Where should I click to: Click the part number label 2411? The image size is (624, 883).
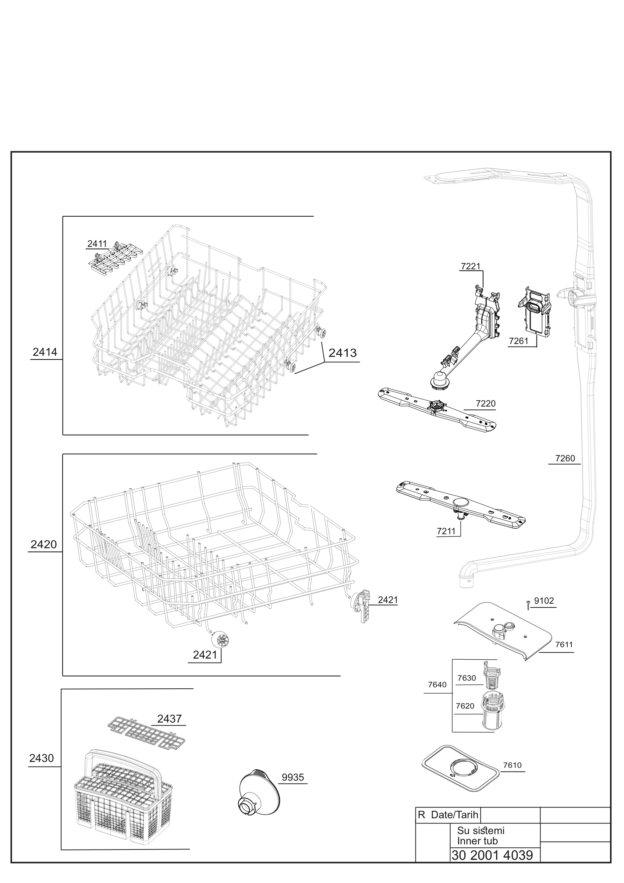[x=97, y=244]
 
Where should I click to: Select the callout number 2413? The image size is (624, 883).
[x=343, y=353]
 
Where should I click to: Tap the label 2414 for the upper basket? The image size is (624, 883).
[x=45, y=352]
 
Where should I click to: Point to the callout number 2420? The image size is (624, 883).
[x=43, y=544]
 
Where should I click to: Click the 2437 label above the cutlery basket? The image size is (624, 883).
[x=169, y=719]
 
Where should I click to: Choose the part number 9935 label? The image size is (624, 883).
[x=293, y=777]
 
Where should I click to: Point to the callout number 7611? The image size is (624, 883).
[x=564, y=645]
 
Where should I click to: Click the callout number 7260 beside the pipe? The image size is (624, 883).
[x=565, y=458]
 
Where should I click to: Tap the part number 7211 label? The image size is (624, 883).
[x=446, y=531]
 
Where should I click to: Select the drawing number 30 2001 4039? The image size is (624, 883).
[x=492, y=855]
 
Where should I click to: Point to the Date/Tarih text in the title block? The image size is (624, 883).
[x=454, y=815]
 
